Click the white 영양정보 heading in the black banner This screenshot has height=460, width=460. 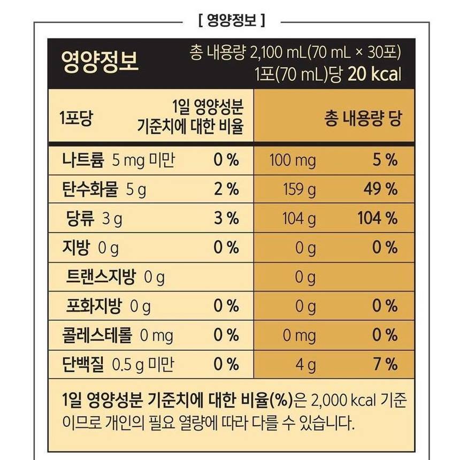click(x=100, y=62)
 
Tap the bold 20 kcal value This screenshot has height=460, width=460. click(x=374, y=74)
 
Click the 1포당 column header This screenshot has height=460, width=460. click(x=75, y=118)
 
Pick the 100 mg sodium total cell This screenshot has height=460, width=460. click(x=293, y=160)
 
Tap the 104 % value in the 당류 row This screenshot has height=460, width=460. click(x=377, y=218)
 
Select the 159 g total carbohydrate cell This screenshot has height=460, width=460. click(x=300, y=189)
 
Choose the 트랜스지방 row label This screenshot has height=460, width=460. click(x=101, y=277)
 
